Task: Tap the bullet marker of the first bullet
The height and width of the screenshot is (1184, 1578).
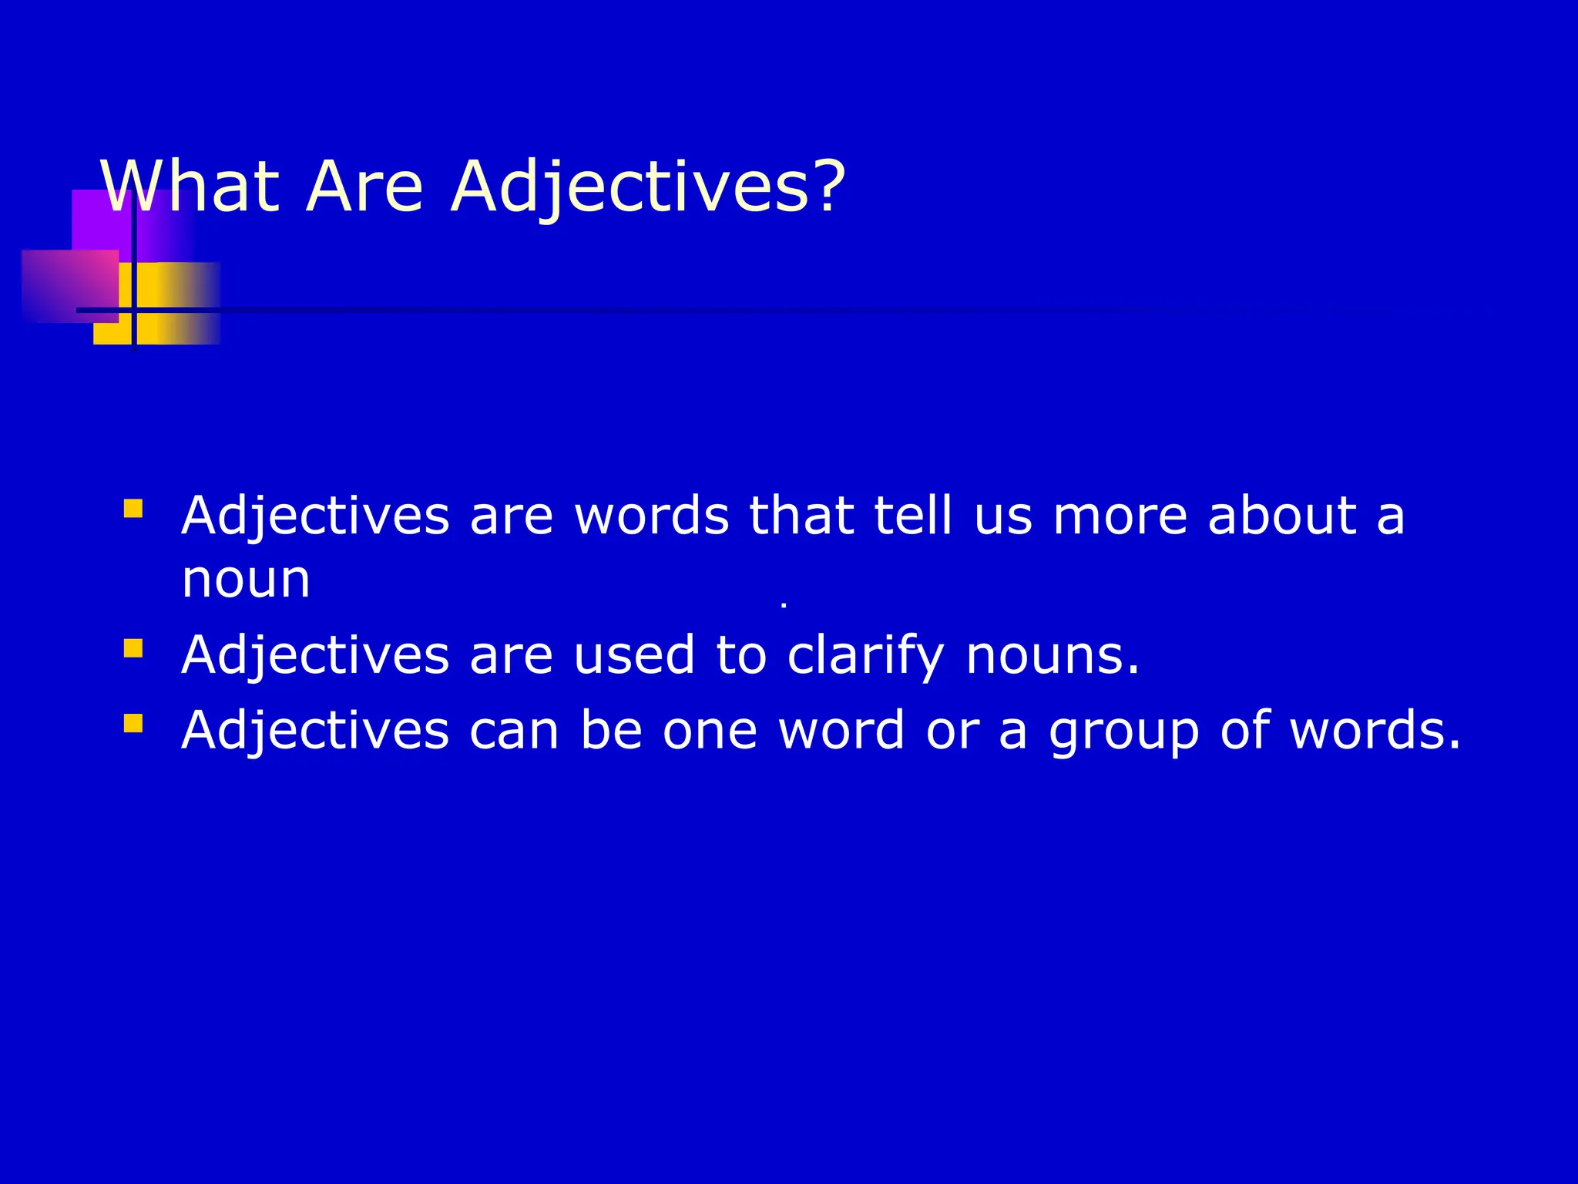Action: [133, 509]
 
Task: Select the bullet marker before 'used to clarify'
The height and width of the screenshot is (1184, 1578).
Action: [133, 648]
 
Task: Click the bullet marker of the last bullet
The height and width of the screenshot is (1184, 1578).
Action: [133, 723]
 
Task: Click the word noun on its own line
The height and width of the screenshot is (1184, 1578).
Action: [246, 579]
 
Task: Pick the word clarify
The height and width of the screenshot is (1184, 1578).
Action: [865, 655]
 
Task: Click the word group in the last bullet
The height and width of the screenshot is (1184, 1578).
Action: [1123, 731]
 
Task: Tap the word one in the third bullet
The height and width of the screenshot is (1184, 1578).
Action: [710, 731]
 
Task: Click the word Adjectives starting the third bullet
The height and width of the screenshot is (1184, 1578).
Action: [315, 731]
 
